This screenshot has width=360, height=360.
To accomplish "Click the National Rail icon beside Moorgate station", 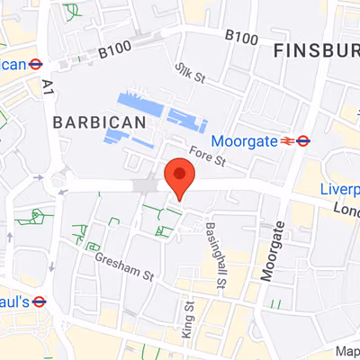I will tap(286, 140).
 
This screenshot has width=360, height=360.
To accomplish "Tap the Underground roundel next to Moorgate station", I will tap(303, 140).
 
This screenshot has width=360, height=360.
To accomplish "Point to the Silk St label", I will tap(191, 73).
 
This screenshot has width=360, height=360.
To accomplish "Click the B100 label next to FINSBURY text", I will tap(241, 37).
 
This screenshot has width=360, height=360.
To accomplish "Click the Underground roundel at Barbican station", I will tap(37, 64).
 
